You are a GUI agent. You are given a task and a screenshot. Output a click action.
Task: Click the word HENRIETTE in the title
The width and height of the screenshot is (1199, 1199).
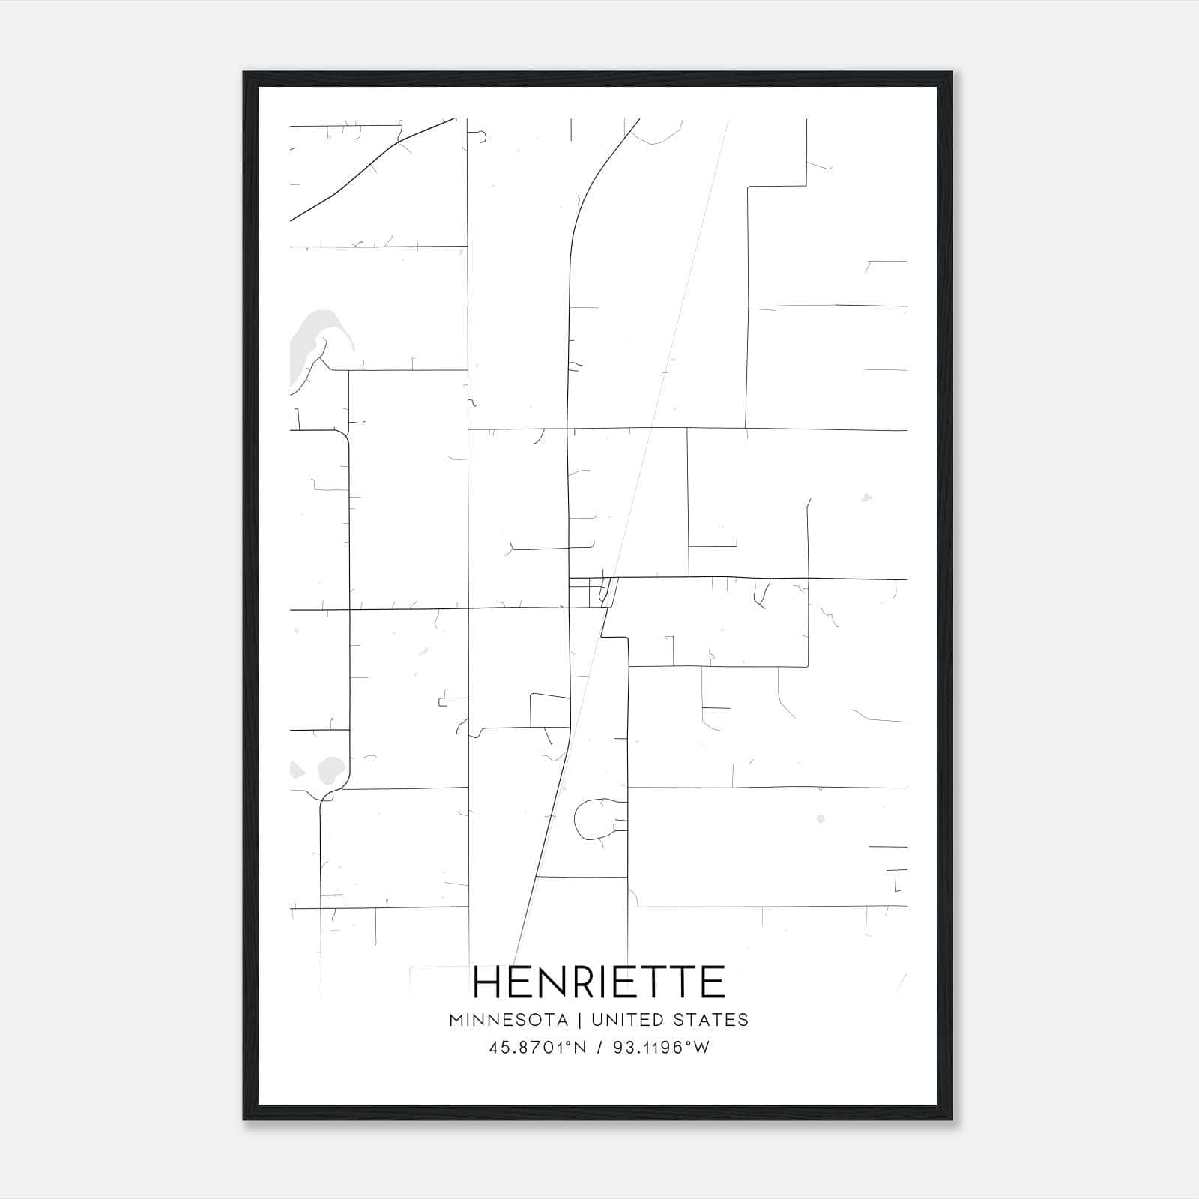tap(599, 982)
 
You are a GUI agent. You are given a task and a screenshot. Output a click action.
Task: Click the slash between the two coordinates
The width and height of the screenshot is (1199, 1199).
tap(598, 1048)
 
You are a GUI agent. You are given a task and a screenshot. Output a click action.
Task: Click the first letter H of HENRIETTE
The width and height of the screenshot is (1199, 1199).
tap(489, 982)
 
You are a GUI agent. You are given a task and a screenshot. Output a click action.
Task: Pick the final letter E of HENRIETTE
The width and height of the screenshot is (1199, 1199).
tap(714, 982)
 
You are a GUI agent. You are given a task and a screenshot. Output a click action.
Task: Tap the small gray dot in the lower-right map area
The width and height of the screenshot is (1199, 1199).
tap(821, 819)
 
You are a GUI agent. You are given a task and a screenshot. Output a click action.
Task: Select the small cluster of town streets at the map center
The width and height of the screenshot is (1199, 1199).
tap(592, 592)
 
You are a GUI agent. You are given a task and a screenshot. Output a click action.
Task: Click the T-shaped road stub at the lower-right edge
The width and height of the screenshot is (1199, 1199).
tap(897, 880)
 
